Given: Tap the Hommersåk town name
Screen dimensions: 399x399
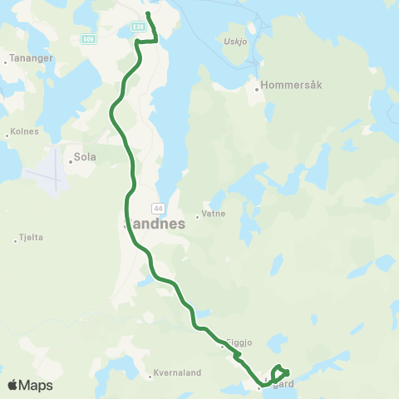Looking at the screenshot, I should [287, 84].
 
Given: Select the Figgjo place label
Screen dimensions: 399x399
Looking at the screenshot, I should [239, 342].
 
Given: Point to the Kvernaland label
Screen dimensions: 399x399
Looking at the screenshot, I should [178, 373].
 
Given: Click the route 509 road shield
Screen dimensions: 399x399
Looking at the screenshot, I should [88, 38].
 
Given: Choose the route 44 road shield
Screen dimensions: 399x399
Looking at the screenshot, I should [156, 206].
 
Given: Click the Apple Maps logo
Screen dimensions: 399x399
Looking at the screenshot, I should [30, 385].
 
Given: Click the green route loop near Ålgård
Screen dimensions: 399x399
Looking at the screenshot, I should [280, 372].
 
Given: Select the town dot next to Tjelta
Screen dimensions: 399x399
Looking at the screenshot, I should [16, 241].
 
